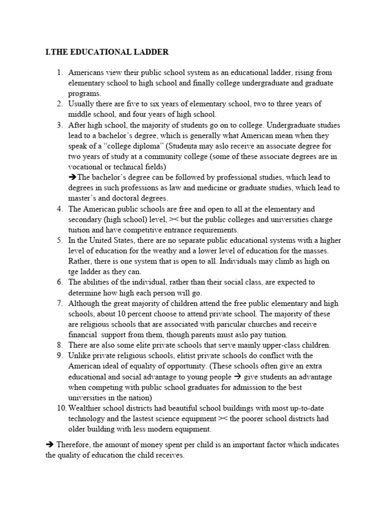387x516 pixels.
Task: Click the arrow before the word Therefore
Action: click(49, 444)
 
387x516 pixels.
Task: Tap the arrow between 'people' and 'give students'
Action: click(240, 377)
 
